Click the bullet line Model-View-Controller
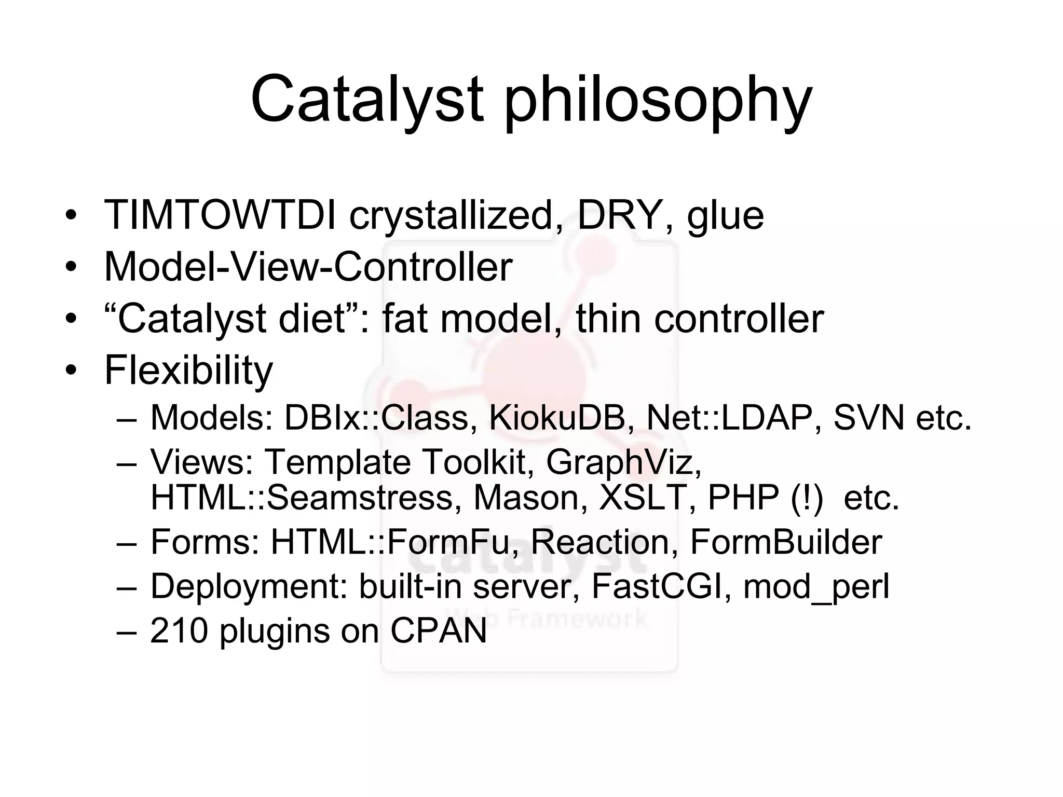point(308,267)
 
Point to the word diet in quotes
point(312,318)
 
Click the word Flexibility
point(188,370)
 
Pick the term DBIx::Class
point(376,417)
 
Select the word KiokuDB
point(557,417)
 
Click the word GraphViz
point(623,462)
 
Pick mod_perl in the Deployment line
point(816,587)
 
